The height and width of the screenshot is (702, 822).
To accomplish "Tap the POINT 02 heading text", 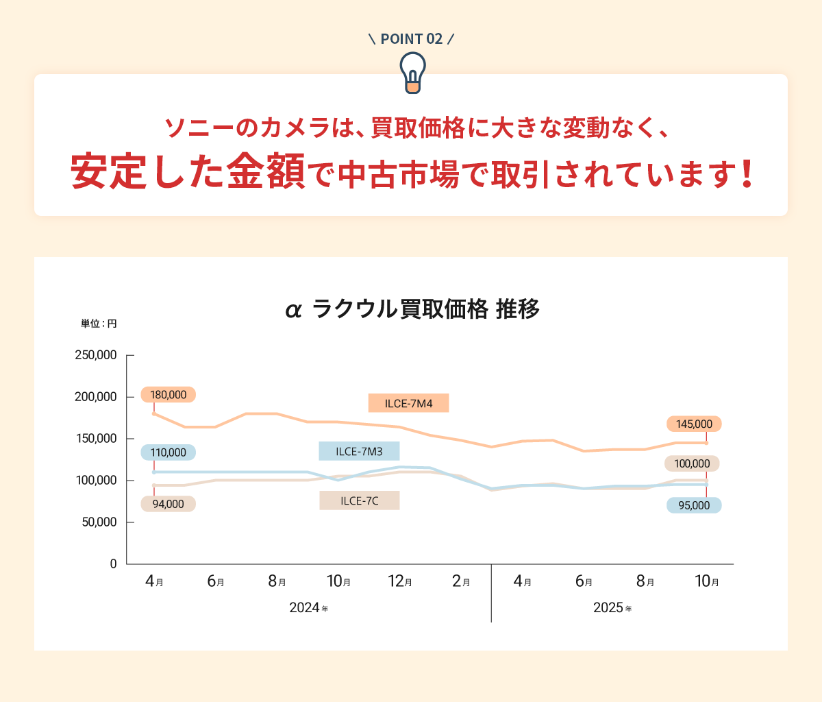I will point(412,39).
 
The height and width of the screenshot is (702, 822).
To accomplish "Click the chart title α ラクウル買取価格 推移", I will point(412,310).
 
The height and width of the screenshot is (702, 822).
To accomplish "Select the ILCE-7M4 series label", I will point(408,403).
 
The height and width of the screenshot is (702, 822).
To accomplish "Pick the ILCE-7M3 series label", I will point(359,451).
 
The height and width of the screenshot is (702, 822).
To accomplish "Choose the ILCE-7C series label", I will point(359,500).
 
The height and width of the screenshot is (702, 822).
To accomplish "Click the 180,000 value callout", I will point(168,395).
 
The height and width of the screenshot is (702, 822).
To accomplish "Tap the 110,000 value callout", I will point(168,452).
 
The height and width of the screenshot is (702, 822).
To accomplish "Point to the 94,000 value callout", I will point(168,504).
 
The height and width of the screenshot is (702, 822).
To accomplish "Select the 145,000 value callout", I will point(694,424).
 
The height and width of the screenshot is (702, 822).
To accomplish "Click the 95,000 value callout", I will point(694,505).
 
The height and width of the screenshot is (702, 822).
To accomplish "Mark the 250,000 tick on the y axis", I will point(96,355).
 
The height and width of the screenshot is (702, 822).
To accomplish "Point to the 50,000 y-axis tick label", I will point(99,522).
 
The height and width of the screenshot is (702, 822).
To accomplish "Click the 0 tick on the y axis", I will point(113,564).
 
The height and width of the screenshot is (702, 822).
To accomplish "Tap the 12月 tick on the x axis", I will point(400,582).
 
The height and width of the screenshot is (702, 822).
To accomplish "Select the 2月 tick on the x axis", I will point(461,582).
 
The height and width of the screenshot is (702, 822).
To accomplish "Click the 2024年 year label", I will point(308,608).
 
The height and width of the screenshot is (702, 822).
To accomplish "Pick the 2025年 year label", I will point(612,608).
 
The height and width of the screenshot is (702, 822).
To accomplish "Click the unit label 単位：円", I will point(99,324).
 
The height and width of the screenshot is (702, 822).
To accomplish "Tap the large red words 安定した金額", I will point(188,171).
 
